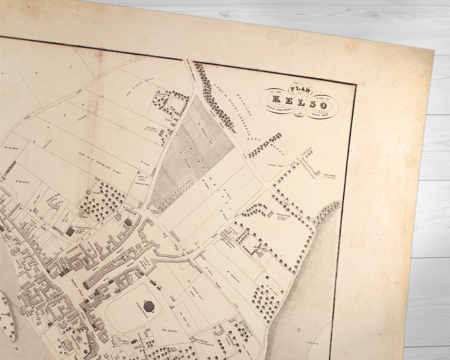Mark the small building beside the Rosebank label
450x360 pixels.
coord(318,173)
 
